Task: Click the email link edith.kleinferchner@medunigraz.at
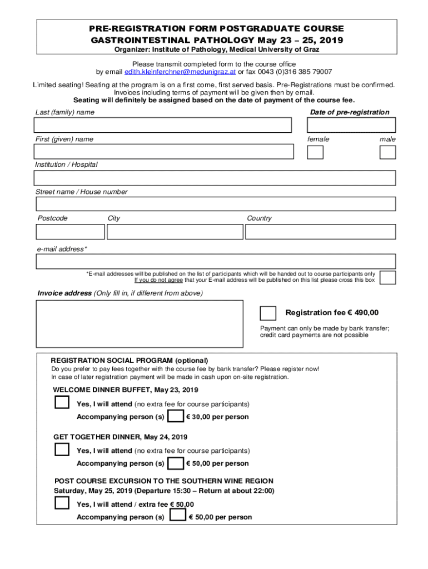click(x=180, y=72)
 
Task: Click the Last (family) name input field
click(x=162, y=125)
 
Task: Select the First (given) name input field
click(x=163, y=152)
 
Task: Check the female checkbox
click(x=315, y=152)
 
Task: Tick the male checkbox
click(x=388, y=152)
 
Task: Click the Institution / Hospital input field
click(x=215, y=178)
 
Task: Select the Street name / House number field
click(x=215, y=204)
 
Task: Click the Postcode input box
click(x=70, y=231)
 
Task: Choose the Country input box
click(x=320, y=231)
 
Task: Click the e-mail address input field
click(x=215, y=261)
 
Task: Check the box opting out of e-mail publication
click(x=388, y=277)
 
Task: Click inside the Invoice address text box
click(x=140, y=323)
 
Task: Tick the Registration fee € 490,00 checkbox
click(x=268, y=313)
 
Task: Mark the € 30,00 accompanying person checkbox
click(x=176, y=416)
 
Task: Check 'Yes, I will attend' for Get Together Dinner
click(x=62, y=450)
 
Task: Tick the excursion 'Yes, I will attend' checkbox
click(x=62, y=503)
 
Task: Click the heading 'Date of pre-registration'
click(x=349, y=112)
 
